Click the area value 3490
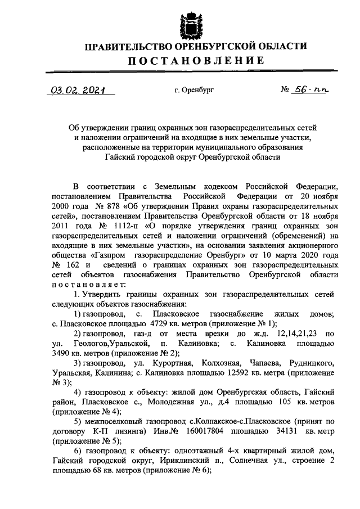(63, 353)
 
